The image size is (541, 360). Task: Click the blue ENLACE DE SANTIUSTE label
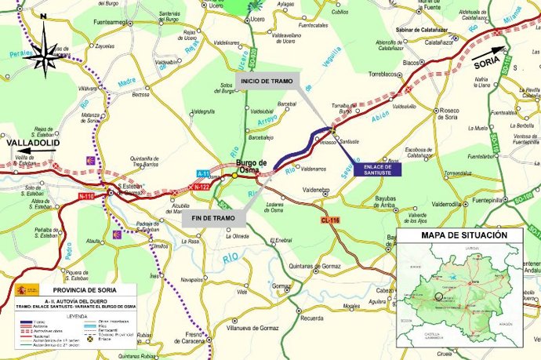377,169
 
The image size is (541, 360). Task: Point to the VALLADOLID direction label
34,144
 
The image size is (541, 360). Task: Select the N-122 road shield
201,187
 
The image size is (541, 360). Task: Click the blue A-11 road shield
203,173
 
